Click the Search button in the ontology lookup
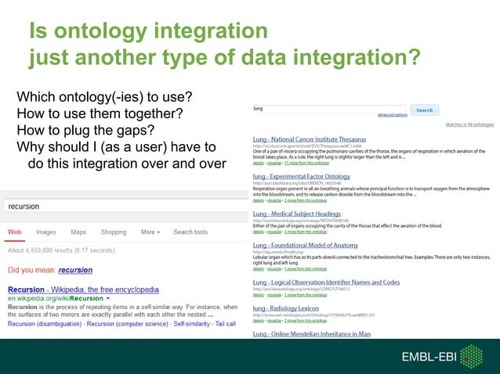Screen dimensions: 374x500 pos(424,110)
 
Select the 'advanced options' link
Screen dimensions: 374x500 pos(392,115)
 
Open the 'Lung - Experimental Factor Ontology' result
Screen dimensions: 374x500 pos(301,177)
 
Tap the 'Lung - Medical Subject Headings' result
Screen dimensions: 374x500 pos(297,214)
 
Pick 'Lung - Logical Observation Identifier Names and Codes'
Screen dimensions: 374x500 pos(326,282)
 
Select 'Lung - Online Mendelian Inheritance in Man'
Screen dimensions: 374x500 pos(311,334)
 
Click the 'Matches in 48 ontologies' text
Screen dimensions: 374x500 pos(469,124)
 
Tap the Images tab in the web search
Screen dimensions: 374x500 pos(46,232)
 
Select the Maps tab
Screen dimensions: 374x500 pos(78,232)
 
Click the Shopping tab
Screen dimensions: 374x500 pos(114,232)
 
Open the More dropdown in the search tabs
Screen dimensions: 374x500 pos(150,232)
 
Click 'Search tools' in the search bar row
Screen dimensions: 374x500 pos(190,232)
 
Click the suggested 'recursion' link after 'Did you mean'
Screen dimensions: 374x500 pos(75,270)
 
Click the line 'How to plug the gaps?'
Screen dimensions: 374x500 pos(85,130)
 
